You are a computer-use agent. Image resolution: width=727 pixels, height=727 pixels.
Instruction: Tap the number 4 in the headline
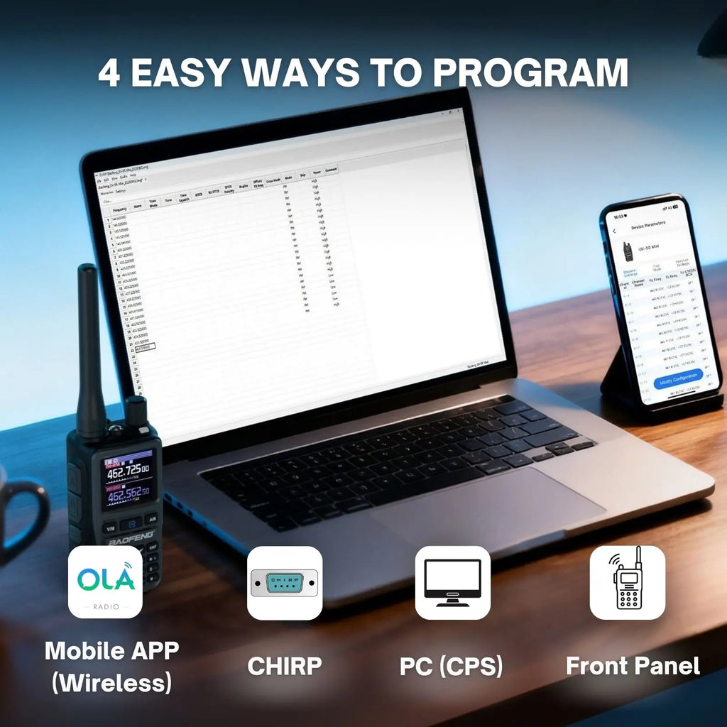tap(109, 72)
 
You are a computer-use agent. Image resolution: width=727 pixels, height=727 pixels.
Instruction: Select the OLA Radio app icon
tap(105, 581)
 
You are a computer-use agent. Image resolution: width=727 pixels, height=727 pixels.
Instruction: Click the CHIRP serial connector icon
tap(284, 583)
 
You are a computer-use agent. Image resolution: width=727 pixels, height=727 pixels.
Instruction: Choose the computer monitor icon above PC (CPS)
tap(452, 582)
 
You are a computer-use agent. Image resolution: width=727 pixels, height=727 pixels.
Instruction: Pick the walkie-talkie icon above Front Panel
tap(628, 582)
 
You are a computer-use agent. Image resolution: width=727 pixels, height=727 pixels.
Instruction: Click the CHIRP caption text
tap(284, 666)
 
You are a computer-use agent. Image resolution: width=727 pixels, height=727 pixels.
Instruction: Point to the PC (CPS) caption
tap(452, 666)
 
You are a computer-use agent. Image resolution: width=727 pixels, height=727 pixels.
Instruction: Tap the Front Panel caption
tap(633, 666)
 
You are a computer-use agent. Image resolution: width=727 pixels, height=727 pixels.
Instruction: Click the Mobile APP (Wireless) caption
tap(111, 666)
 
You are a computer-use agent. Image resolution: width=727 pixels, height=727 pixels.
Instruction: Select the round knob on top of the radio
tap(135, 410)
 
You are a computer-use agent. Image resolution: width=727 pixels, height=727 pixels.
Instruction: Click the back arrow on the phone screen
tap(615, 231)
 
